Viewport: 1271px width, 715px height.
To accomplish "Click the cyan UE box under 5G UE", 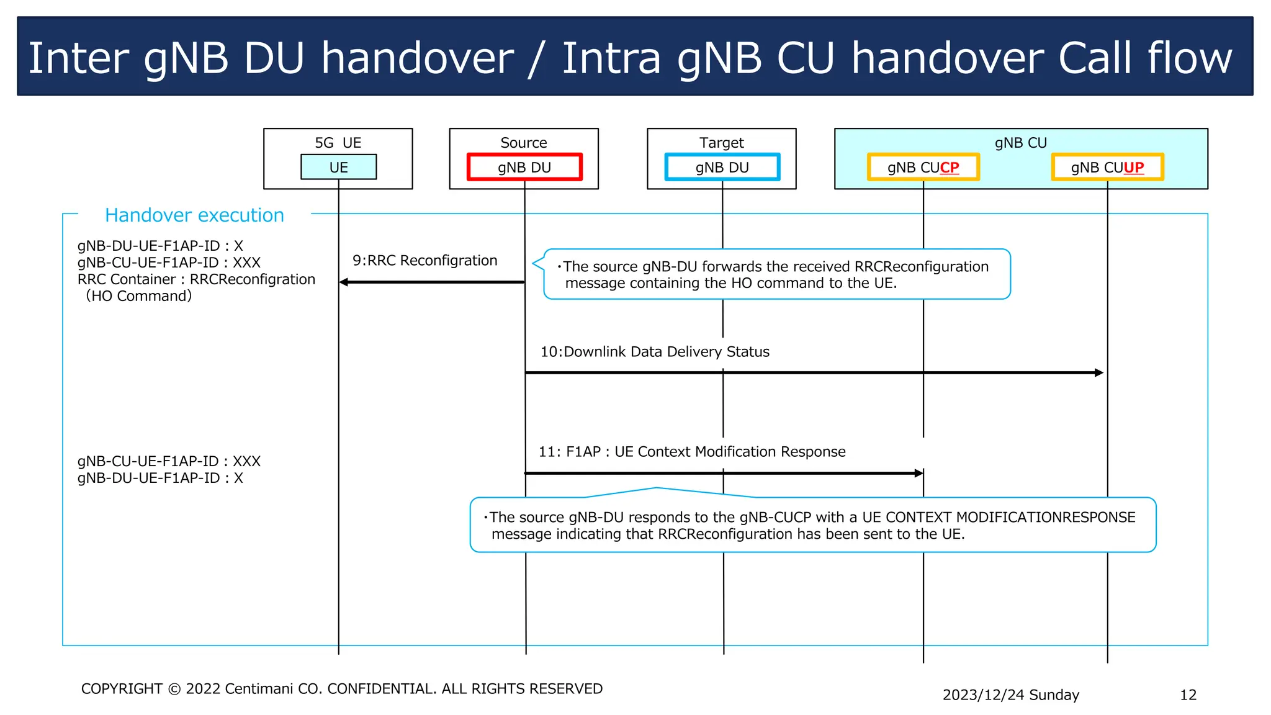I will pos(338,167).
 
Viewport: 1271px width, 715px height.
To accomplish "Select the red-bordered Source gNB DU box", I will pos(524,167).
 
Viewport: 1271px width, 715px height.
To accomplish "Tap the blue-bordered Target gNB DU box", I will pos(722,167).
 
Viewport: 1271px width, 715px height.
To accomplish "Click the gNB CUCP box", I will pos(923,167).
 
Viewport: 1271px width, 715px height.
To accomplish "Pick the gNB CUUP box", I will pos(1107,167).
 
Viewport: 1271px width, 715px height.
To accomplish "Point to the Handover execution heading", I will pos(194,215).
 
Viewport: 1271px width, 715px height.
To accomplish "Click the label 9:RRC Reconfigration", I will pos(424,260).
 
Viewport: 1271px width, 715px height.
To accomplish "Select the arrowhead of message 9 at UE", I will pos(344,282).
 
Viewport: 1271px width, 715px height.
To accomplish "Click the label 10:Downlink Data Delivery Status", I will pos(655,351).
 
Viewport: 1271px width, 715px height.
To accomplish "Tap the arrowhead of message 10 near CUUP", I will pos(1099,373).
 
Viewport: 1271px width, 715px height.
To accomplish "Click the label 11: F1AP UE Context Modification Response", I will pos(691,451).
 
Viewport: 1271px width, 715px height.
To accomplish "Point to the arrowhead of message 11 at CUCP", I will pos(919,473).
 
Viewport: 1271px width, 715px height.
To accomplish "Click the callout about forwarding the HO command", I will pos(776,274).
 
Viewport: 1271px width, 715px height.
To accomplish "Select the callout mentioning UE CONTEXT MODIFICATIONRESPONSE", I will pos(813,525).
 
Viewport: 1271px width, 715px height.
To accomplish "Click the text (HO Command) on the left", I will pos(139,296).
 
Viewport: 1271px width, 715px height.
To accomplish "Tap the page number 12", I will pos(1188,695).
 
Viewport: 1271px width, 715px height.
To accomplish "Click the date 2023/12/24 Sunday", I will pos(1010,695).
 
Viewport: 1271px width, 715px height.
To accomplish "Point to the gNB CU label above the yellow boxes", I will pos(1020,143).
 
